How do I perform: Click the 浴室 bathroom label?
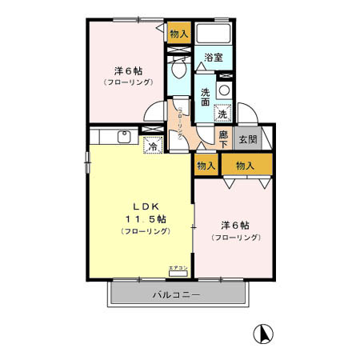pos(212,58)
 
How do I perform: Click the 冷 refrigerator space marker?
pos(150,146)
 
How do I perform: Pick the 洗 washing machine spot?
pos(223,114)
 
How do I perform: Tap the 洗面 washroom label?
pos(206,96)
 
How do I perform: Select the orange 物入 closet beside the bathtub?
pos(178,34)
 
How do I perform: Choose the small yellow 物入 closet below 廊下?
pos(206,166)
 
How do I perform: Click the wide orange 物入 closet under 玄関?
pos(246,166)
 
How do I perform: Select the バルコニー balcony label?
pos(177,294)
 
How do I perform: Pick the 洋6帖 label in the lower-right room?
pos(235,226)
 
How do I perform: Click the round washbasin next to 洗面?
pos(224,90)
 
